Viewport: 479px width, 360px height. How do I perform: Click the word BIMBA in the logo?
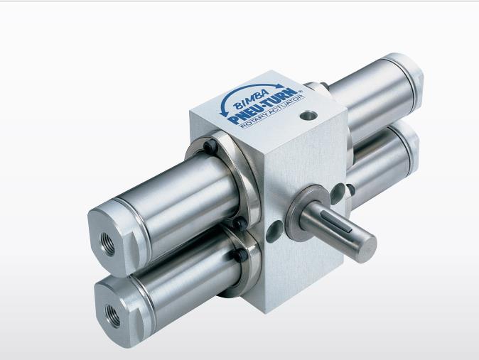252,99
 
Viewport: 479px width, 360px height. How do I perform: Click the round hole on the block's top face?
308,116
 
